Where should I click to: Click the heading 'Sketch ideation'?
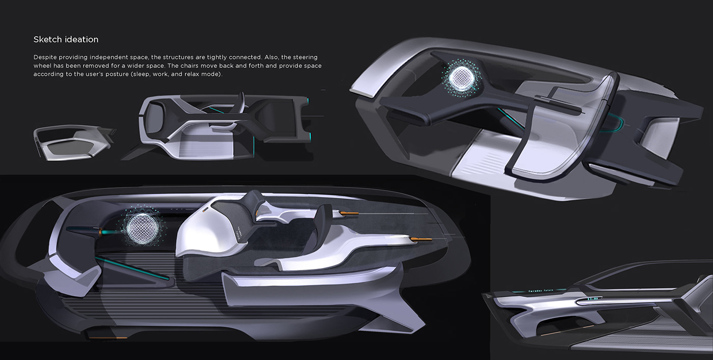pos(66,39)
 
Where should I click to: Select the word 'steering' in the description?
pos(304,57)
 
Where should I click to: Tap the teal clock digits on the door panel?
pos(593,299)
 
